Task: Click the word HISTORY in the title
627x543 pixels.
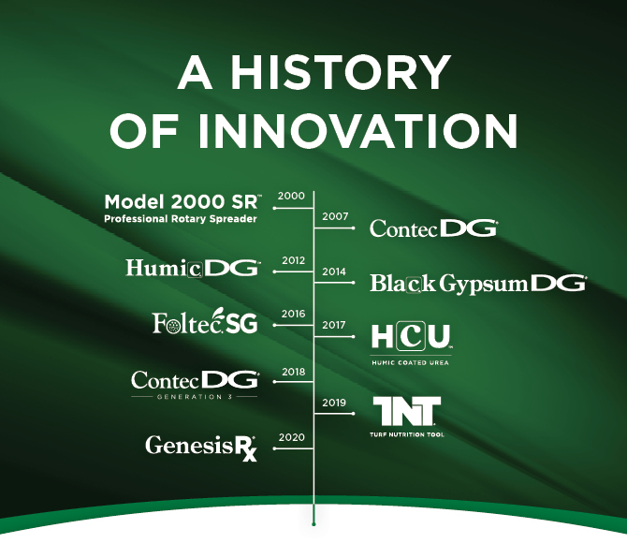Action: coord(340,72)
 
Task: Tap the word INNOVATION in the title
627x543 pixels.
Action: coord(357,131)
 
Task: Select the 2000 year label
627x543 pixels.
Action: coord(291,196)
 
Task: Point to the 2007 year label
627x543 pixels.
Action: coord(335,216)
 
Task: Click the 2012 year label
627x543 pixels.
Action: coord(294,260)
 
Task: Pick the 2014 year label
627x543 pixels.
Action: coord(334,271)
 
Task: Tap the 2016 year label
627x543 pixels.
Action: coord(293,314)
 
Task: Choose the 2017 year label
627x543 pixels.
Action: coord(334,325)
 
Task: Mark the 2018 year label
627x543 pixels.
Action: coord(294,372)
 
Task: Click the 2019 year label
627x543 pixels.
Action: coord(334,403)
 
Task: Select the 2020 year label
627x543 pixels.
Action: coord(291,437)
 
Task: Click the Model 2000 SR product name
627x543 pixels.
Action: coord(182,201)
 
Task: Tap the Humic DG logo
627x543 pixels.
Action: coord(193,268)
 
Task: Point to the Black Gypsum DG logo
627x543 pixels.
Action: coord(478,284)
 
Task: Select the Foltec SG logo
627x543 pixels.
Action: coord(205,321)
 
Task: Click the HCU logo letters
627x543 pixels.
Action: coord(412,337)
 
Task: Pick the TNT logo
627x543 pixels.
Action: coord(407,411)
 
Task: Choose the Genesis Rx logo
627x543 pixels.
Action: coord(201,448)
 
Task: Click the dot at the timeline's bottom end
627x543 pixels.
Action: coord(313,523)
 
